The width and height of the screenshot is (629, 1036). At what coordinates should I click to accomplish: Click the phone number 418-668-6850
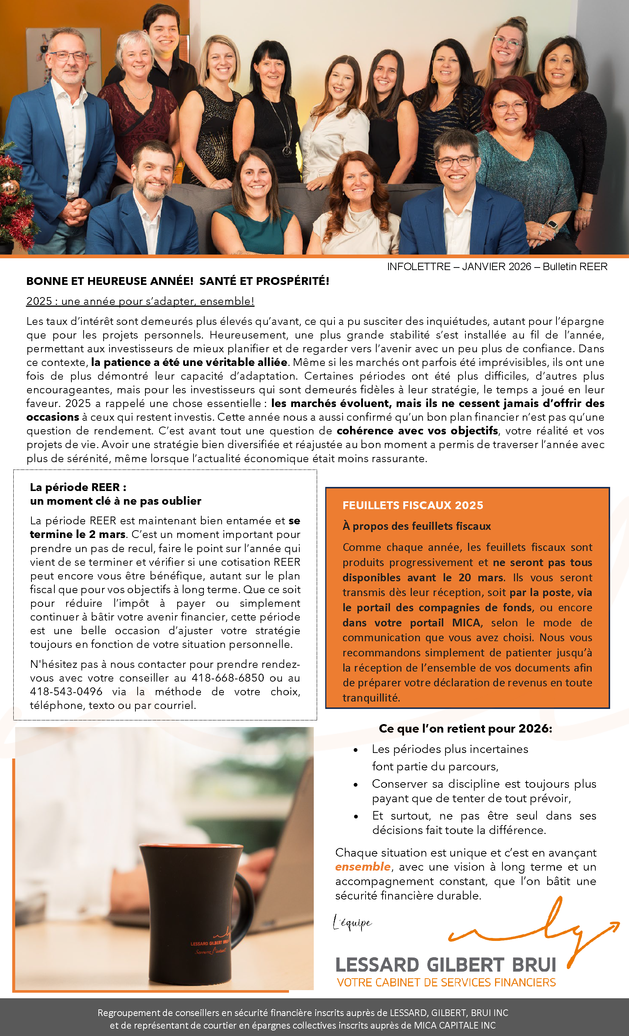click(228, 678)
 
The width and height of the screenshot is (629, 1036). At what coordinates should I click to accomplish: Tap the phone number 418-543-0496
click(66, 692)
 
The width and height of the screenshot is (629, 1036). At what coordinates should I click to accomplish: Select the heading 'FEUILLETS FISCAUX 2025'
click(413, 505)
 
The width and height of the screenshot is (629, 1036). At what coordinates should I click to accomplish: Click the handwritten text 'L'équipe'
click(352, 923)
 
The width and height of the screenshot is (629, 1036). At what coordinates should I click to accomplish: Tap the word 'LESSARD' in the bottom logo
click(377, 965)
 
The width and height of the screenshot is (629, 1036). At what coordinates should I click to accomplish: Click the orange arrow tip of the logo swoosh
click(616, 924)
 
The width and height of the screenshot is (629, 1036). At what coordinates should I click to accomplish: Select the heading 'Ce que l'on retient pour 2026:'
click(465, 729)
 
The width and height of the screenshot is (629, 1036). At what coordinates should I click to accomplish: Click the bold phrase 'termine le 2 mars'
click(78, 534)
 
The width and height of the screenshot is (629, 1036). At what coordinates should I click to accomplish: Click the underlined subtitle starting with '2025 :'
click(140, 301)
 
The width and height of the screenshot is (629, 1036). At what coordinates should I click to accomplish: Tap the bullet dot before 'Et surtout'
click(356, 817)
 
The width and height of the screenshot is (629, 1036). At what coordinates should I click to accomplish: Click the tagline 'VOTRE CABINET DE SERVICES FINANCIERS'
click(446, 983)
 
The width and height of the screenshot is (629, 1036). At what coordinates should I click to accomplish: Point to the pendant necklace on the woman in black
click(287, 150)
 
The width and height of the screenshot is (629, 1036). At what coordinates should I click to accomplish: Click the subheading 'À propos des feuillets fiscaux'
click(416, 526)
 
